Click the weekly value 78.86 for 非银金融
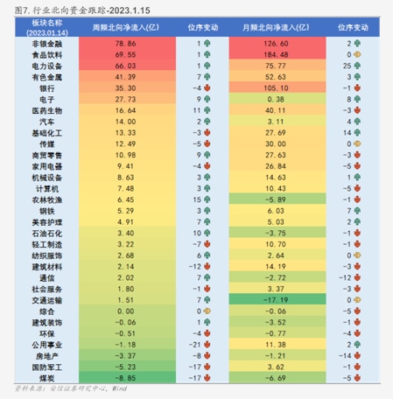point(126,43)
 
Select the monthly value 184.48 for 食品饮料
point(277,54)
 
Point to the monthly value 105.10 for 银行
point(277,88)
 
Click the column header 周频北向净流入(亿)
point(126,27)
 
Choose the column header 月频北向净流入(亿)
point(277,27)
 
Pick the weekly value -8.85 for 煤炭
point(126,377)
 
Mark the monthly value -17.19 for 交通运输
point(277,299)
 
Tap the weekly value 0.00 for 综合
point(126,311)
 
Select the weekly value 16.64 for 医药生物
point(126,110)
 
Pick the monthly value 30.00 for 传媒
point(277,143)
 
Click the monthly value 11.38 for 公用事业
point(277,344)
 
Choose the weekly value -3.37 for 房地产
point(126,355)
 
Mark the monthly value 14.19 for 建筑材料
point(277,266)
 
